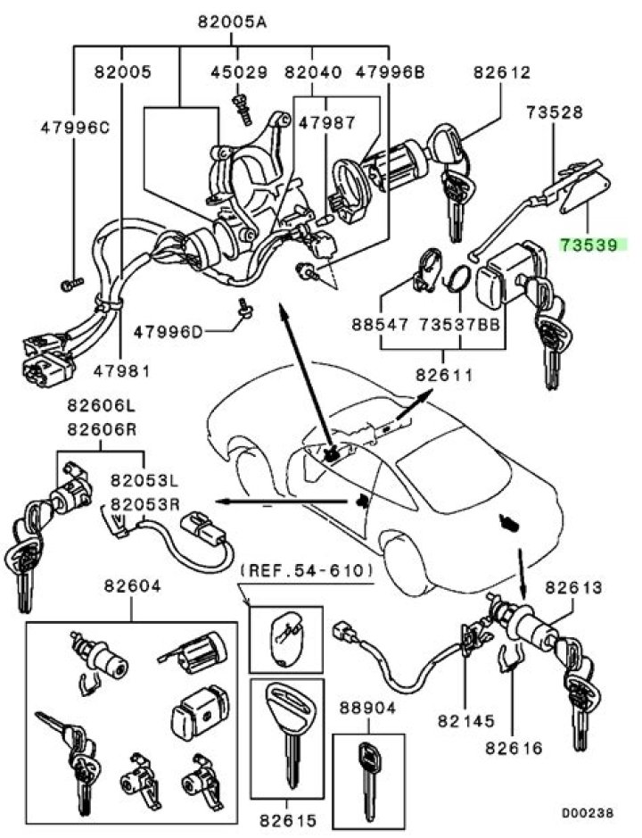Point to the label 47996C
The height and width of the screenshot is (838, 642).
75,128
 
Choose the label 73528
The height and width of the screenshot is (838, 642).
555,112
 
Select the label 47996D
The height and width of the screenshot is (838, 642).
169,332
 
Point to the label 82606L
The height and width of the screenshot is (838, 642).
99,406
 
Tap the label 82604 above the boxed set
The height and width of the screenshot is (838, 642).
132,587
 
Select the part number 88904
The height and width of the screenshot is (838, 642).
367,709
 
